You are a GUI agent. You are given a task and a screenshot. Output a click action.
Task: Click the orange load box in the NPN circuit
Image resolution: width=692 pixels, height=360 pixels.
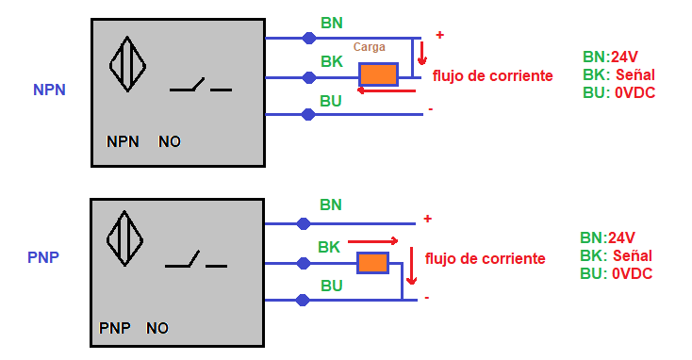click(x=379, y=75)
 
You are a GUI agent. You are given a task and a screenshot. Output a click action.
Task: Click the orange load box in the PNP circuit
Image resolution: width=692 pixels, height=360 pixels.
click(x=372, y=263)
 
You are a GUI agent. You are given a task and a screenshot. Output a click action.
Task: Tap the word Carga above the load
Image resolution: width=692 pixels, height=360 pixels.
click(x=369, y=47)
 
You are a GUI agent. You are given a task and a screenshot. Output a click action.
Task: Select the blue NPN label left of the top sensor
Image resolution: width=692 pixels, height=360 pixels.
click(x=49, y=90)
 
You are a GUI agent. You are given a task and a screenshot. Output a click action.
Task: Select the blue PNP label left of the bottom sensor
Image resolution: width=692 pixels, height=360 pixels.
click(x=44, y=256)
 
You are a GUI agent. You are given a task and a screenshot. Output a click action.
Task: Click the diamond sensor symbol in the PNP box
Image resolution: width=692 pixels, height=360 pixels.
click(x=124, y=237)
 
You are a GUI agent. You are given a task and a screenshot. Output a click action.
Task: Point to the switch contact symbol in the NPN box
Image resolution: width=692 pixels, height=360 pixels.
click(x=200, y=88)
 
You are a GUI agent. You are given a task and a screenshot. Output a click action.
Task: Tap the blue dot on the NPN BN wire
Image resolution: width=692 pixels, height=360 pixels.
click(x=308, y=38)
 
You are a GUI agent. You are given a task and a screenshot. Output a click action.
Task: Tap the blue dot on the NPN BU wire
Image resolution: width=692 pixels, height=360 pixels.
click(x=308, y=114)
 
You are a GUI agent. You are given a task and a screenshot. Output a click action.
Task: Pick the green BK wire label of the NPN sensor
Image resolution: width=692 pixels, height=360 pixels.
click(x=331, y=61)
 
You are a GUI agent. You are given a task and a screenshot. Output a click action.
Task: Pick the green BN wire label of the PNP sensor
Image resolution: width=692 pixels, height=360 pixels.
click(x=330, y=205)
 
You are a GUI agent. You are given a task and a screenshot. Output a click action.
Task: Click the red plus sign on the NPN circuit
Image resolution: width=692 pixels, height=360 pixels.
click(x=439, y=35)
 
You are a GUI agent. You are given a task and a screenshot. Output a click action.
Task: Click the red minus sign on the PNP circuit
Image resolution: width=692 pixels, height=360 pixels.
click(x=427, y=298)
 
